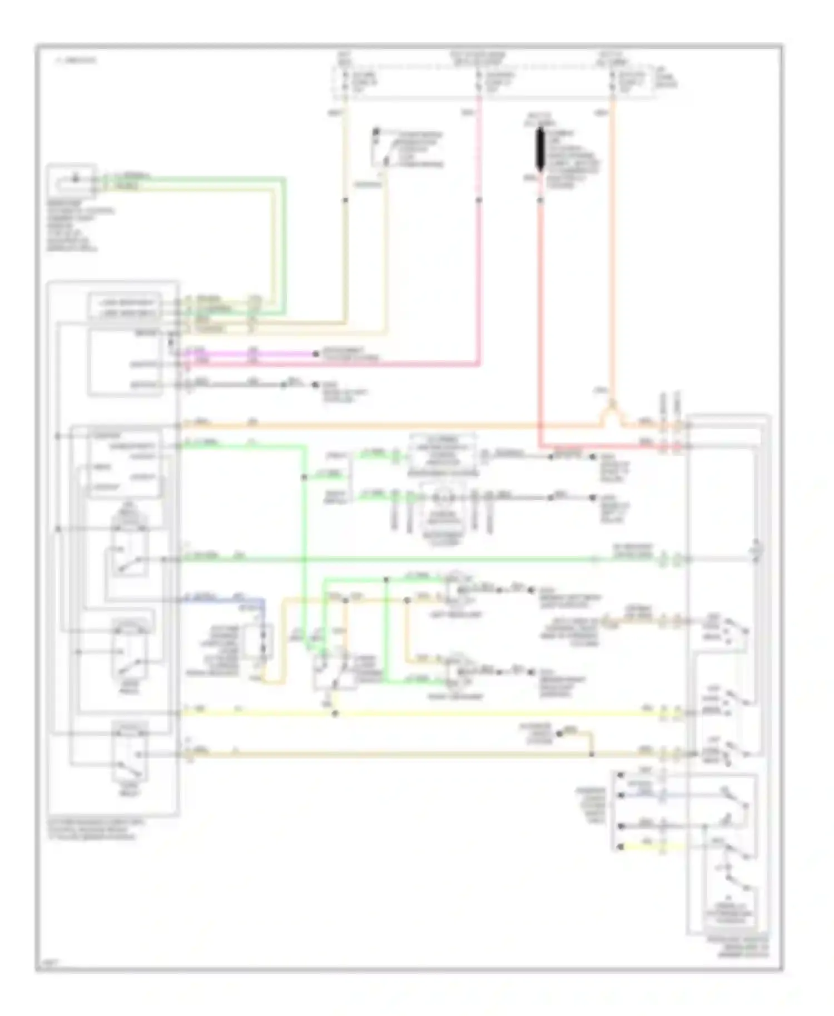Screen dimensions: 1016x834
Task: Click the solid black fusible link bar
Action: point(540,149)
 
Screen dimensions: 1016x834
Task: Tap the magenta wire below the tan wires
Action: point(250,353)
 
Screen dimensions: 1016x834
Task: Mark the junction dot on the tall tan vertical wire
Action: point(345,200)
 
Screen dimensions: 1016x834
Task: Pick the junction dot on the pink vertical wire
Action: point(479,200)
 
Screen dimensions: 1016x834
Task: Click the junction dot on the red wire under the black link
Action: point(539,200)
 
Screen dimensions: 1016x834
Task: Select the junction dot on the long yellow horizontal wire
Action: point(335,713)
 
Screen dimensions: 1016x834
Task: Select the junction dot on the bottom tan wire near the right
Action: point(591,754)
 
